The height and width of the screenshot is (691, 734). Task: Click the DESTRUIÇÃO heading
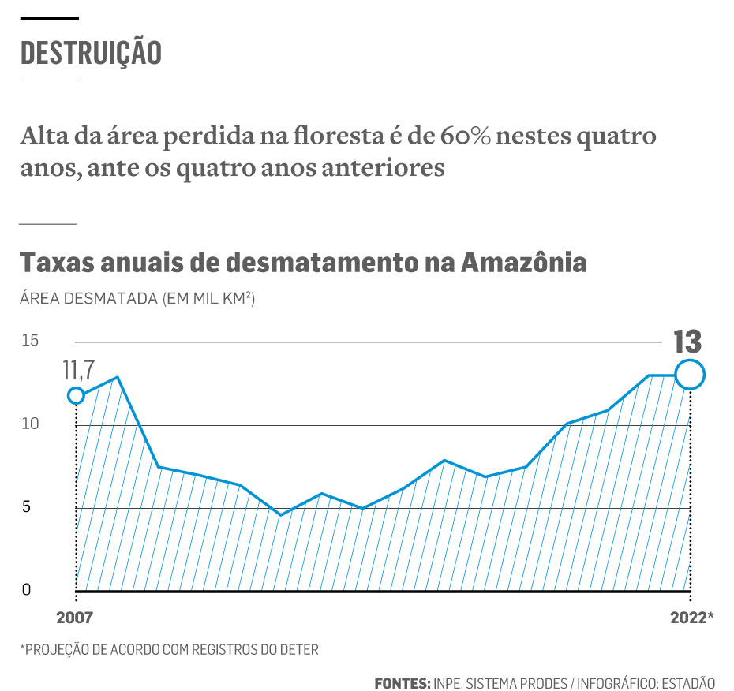pos(91,52)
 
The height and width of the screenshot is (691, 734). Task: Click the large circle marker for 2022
pos(689,375)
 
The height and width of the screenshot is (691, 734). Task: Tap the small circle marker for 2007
pos(76,395)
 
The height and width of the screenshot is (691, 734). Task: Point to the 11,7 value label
pos(79,368)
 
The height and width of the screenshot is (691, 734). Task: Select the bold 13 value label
pos(687,342)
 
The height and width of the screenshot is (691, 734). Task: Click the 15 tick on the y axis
pos(30,341)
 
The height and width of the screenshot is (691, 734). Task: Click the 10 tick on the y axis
pos(30,424)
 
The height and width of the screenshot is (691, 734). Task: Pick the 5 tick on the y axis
pos(26,507)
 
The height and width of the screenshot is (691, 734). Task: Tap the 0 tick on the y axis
pos(26,590)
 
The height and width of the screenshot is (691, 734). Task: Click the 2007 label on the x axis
pos(75,616)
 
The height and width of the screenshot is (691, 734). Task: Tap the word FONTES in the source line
pos(402,682)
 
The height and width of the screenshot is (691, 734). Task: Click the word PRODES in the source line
pos(539,682)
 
